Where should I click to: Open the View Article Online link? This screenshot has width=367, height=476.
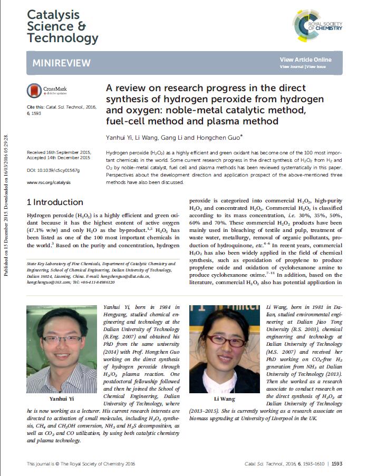click(x=305, y=60)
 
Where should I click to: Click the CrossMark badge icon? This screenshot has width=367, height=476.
click(x=35, y=91)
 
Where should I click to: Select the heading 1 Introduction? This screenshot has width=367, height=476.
click(x=55, y=202)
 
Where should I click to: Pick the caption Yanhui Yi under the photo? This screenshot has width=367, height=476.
click(x=62, y=400)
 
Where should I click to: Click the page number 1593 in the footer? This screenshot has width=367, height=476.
click(x=337, y=463)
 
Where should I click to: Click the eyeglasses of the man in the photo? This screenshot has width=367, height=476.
click(x=60, y=340)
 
